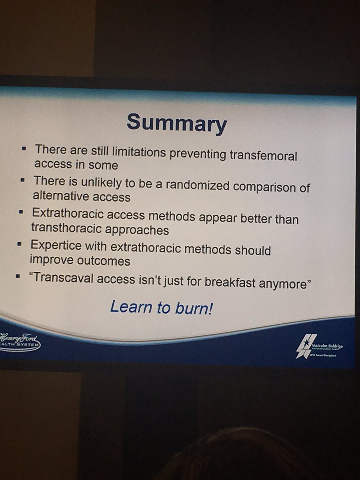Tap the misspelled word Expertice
52,245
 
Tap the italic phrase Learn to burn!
161,307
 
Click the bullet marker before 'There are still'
24,148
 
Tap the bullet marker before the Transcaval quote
18,276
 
